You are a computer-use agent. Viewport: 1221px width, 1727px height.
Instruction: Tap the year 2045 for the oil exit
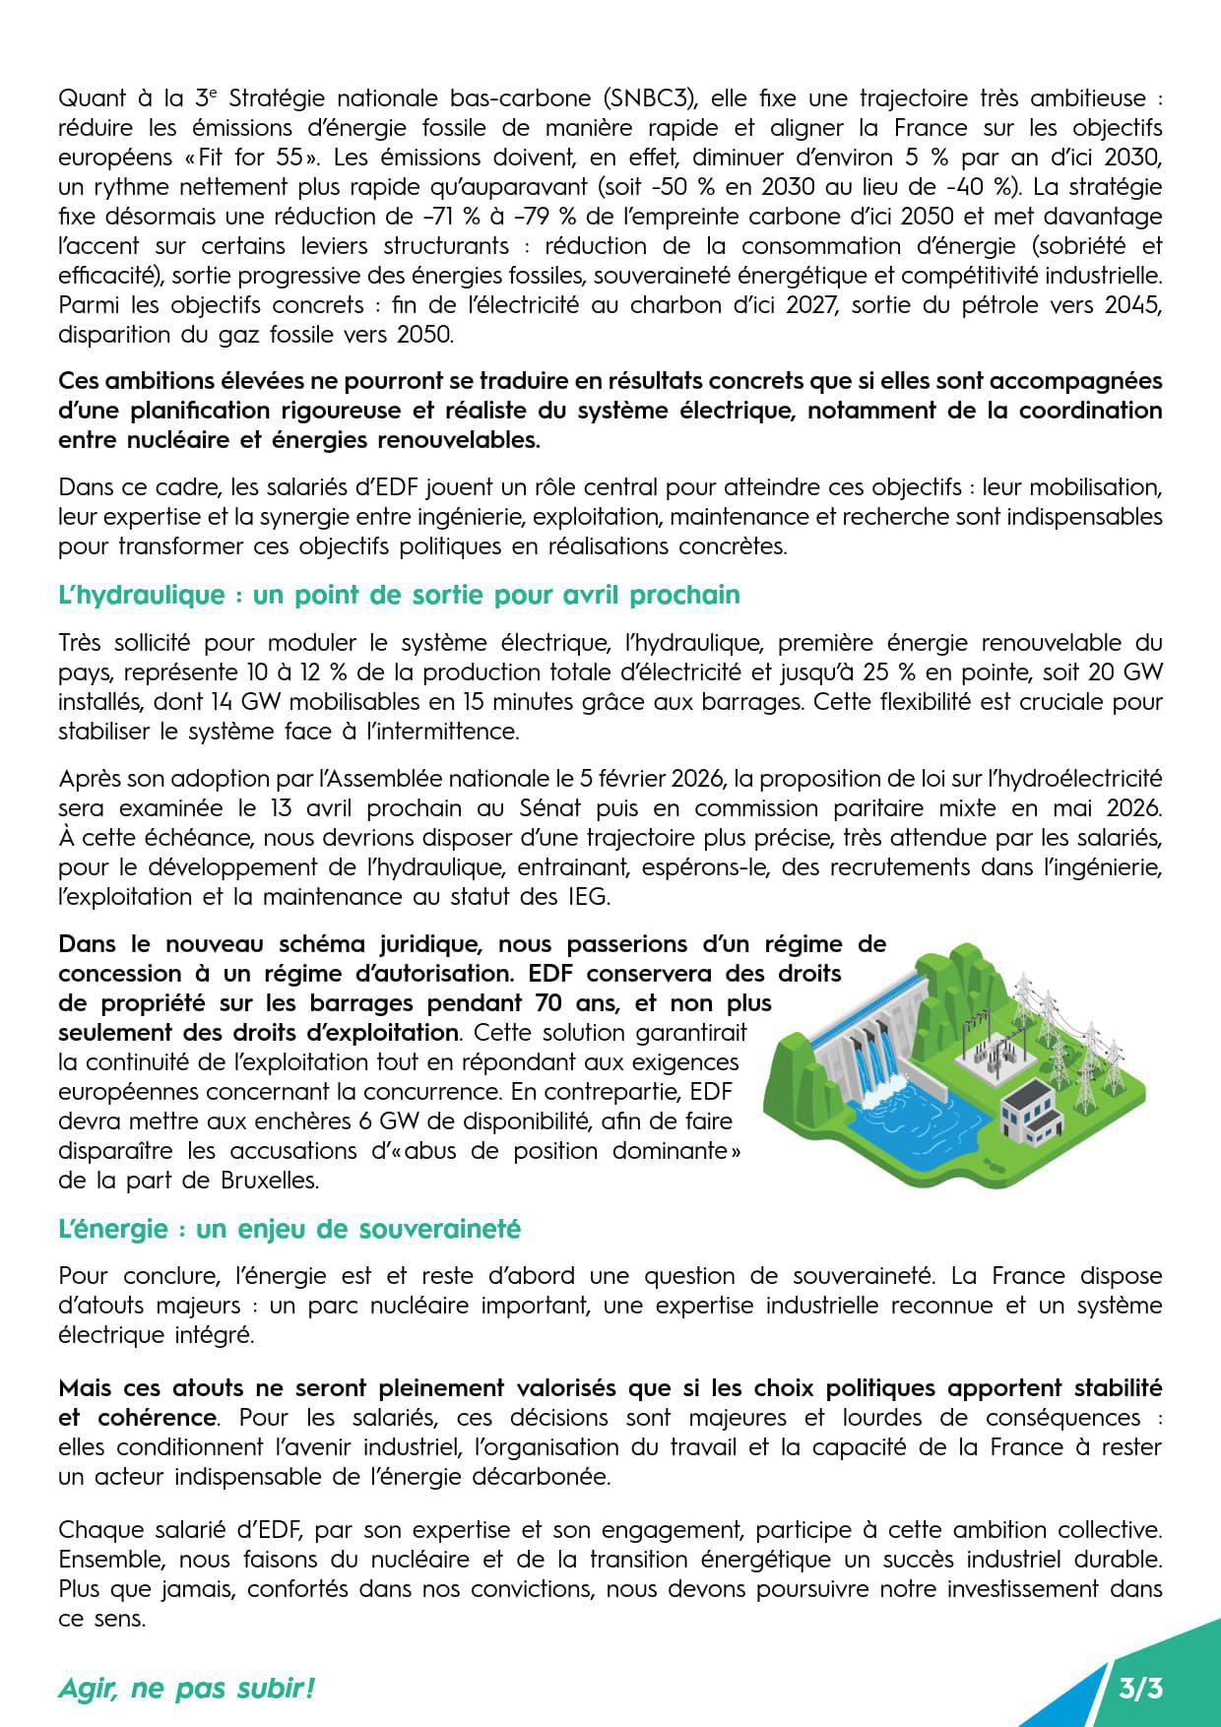[1131, 305]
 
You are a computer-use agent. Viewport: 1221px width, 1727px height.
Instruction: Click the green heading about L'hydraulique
[399, 596]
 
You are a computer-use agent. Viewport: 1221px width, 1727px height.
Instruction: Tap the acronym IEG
[587, 898]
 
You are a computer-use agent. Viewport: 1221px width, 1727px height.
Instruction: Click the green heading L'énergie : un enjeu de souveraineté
[289, 1230]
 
